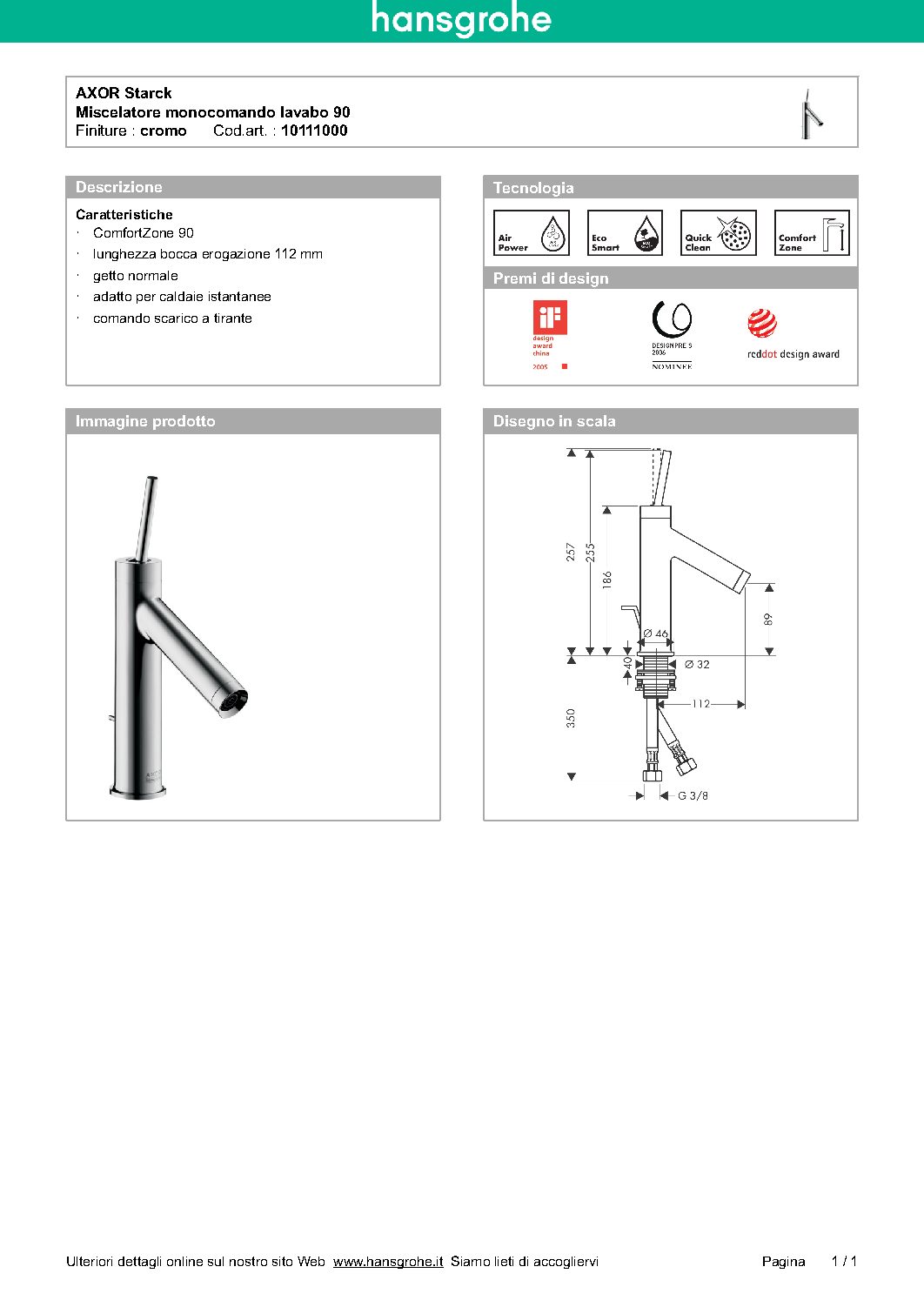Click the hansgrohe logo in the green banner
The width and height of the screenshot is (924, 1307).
click(x=461, y=19)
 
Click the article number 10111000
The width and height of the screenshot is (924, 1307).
click(x=314, y=131)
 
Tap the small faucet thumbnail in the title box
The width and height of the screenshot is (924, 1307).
click(x=811, y=114)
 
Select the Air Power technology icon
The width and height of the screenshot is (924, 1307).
click(x=531, y=233)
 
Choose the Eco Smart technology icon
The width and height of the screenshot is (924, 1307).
click(x=625, y=233)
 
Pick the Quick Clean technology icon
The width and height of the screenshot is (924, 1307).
click(x=718, y=233)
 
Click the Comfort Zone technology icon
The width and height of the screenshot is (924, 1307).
click(x=812, y=233)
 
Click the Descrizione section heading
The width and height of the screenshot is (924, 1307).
click(x=119, y=187)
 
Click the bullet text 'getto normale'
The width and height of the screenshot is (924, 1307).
click(x=136, y=276)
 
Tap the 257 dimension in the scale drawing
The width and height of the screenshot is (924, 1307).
click(x=571, y=551)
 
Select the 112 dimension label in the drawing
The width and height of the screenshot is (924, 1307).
click(x=701, y=704)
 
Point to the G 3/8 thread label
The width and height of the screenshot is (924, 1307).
click(x=693, y=795)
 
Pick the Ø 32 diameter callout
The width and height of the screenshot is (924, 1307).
click(x=697, y=664)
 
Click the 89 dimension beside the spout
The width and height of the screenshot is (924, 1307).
click(x=767, y=619)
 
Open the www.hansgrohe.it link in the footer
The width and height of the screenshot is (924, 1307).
click(x=388, y=1261)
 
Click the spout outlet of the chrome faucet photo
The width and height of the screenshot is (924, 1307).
click(x=232, y=700)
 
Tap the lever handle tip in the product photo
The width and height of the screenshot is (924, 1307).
click(x=152, y=479)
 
